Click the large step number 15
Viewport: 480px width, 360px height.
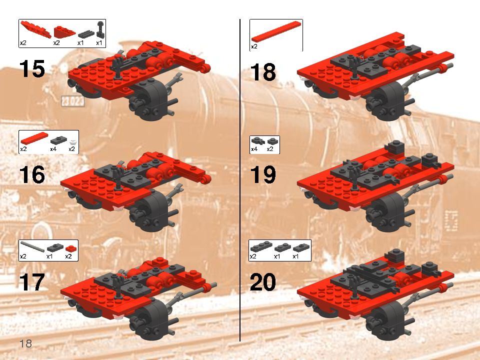pos(32,68)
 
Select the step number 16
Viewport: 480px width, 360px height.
pos(32,175)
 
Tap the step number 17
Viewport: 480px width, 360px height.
pos(32,282)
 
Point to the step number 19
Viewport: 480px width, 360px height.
pos(263,175)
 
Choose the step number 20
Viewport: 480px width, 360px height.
pos(263,283)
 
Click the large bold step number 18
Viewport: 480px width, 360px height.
pos(263,73)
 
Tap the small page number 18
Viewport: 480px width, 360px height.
pos(25,343)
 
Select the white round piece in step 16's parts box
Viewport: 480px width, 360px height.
pos(73,140)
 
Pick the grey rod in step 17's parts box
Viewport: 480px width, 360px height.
pos(31,247)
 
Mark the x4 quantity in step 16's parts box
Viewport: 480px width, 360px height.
pos(53,149)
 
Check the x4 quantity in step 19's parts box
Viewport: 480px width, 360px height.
pos(254,149)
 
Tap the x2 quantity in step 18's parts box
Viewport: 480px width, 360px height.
pos(254,46)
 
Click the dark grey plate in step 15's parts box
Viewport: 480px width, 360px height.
pos(86,33)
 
